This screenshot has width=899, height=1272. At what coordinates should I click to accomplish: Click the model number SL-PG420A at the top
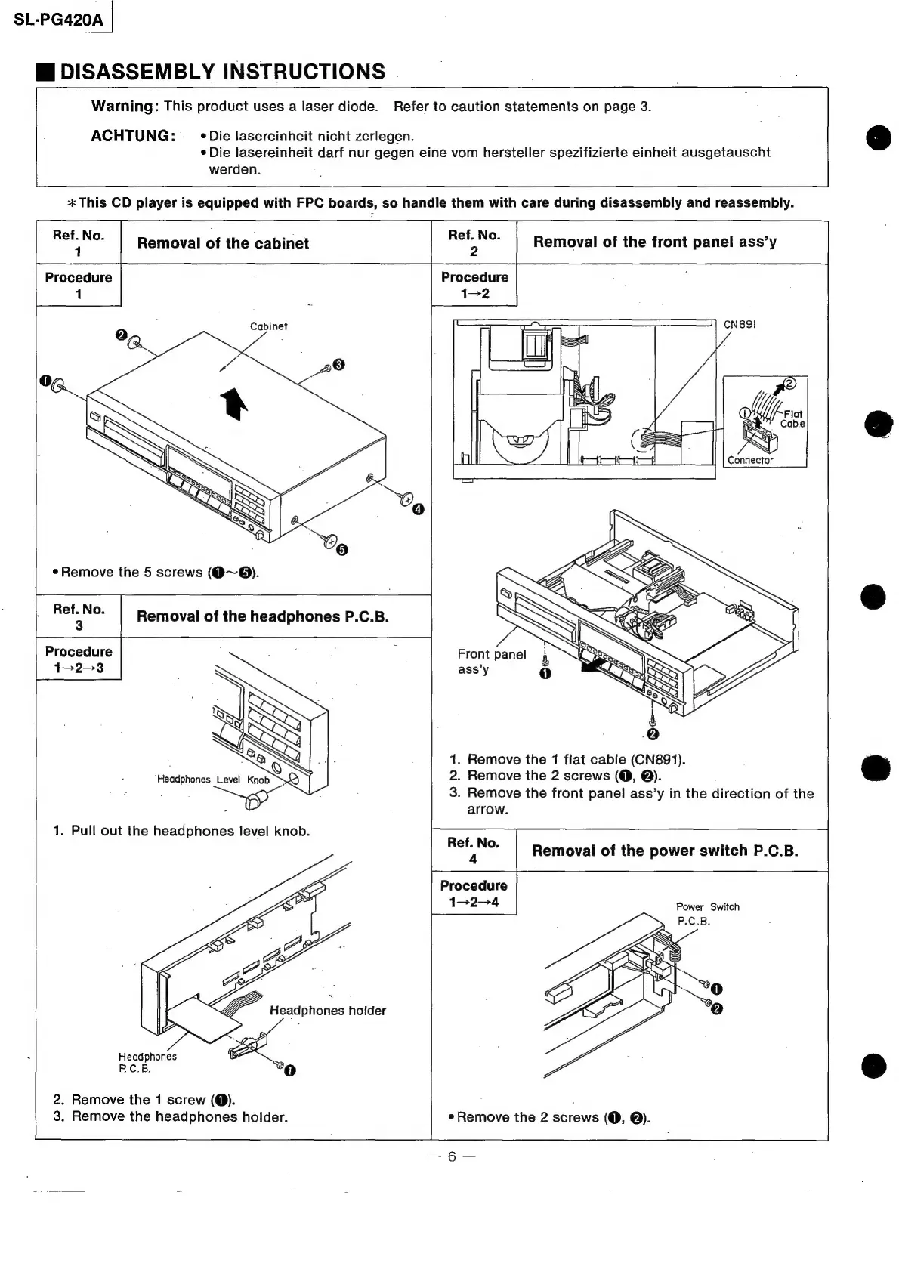coord(58,20)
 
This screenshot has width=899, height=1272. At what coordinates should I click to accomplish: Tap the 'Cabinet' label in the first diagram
coord(268,326)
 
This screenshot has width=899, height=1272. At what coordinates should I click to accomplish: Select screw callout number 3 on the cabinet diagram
coord(338,365)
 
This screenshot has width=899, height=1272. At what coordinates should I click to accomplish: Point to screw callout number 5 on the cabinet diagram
coord(341,549)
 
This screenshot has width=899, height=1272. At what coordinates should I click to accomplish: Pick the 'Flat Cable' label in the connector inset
coord(792,418)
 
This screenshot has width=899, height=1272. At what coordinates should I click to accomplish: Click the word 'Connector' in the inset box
coord(749,460)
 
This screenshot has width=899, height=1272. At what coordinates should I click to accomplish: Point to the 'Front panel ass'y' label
coord(491,661)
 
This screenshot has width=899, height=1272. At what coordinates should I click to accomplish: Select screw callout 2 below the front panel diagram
coord(653,736)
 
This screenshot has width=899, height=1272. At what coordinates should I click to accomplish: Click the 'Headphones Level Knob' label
coord(212,780)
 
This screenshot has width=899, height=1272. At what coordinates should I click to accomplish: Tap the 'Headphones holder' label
coord(327,1011)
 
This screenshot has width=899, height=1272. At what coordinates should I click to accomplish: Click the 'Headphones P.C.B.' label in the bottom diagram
coord(147,1062)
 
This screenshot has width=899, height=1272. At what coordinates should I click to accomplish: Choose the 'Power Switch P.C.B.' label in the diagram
coord(707,913)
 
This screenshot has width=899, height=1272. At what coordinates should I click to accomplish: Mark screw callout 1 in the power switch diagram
coord(717,989)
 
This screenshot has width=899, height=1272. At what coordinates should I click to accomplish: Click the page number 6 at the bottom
coord(451,1156)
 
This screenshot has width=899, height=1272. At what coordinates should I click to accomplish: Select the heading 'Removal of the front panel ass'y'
coord(654,242)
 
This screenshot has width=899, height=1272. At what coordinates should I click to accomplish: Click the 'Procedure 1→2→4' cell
coord(474,894)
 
